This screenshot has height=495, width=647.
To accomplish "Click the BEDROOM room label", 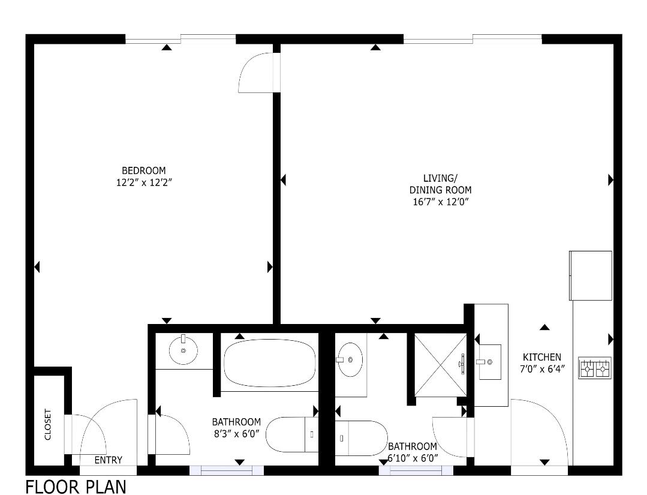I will (143, 170).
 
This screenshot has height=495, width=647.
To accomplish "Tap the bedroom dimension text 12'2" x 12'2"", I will (143, 182).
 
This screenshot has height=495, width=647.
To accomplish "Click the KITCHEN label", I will (541, 357).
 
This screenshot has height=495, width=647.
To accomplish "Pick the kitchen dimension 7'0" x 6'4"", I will (541, 368).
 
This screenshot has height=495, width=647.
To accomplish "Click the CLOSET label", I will (48, 425).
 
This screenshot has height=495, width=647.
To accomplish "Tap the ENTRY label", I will (108, 460).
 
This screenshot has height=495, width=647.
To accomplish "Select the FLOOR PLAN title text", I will (76, 485).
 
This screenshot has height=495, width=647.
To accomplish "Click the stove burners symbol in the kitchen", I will (594, 367).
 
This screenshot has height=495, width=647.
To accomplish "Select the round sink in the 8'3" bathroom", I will (183, 350).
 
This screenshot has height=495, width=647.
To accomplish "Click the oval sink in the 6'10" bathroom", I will (350, 359).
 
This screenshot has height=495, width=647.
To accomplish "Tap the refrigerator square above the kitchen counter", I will (590, 275).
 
